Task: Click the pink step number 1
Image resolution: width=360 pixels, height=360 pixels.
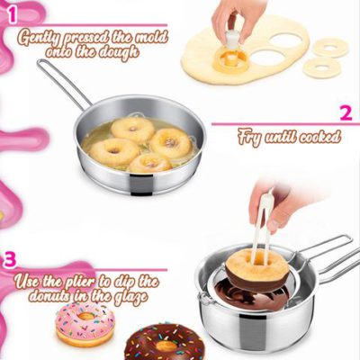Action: [x=11, y=12]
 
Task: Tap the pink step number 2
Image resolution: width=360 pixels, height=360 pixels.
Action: [x=345, y=113]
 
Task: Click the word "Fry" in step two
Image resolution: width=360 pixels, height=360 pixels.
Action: [x=249, y=138]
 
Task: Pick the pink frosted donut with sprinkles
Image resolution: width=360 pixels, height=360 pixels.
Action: [x=85, y=324]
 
